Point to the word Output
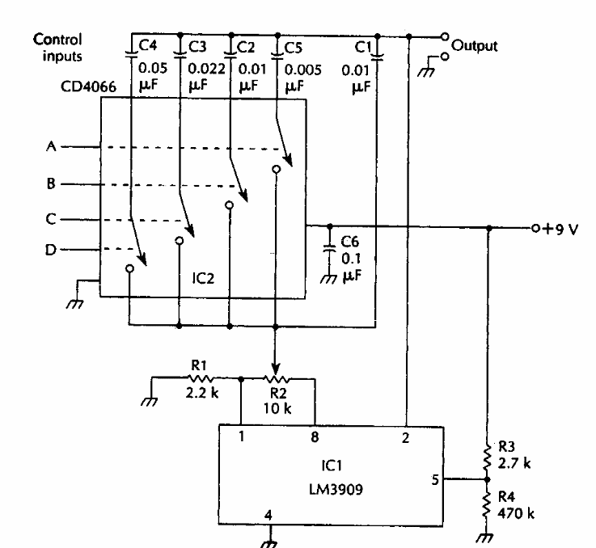475,45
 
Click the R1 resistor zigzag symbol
199,377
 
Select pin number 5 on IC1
434,478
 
